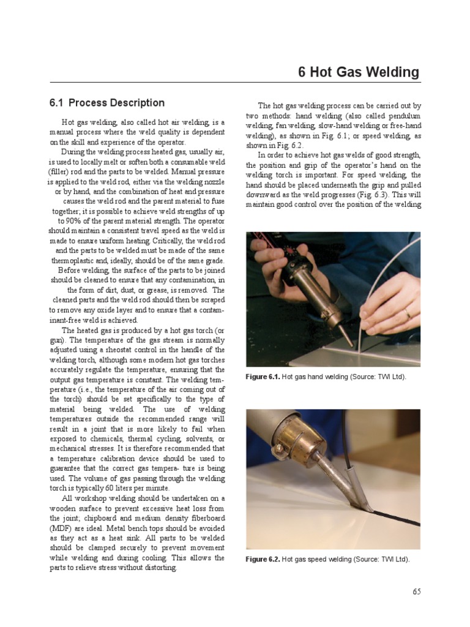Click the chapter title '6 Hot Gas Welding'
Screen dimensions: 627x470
(359, 72)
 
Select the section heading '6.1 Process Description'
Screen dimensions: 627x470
(107, 103)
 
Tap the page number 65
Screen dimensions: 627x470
(416, 591)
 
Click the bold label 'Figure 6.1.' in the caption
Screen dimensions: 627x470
(263, 377)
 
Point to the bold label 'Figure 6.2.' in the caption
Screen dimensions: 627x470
(263, 559)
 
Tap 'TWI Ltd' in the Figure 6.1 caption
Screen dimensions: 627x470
(390, 377)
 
